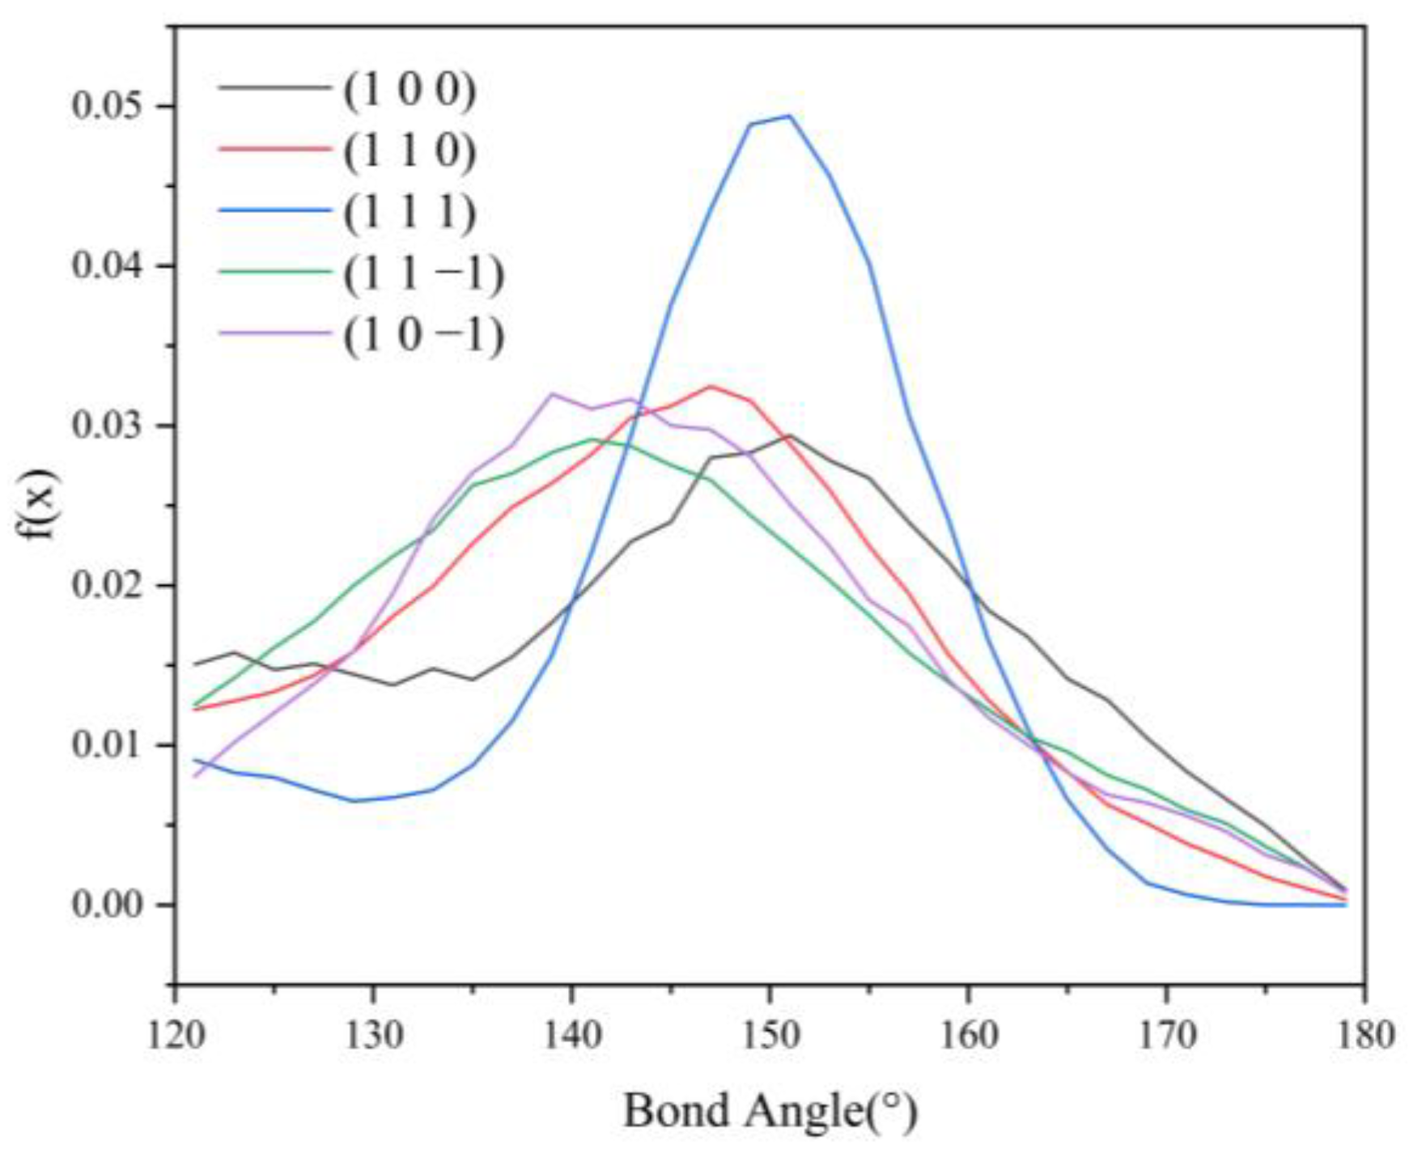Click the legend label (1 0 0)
coord(410,90)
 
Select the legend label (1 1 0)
coord(410,151)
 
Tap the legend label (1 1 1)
coord(410,213)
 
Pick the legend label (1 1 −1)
coord(423,274)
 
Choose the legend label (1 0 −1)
coord(423,335)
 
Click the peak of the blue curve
coord(789,116)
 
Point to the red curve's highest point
coord(711,386)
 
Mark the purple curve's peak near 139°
coord(553,394)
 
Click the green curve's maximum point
coord(592,439)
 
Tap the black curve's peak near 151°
coord(790,435)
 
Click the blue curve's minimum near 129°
coord(354,801)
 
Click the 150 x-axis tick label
coord(770,1035)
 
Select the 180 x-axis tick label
coord(1365,1035)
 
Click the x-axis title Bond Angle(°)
coord(770,1111)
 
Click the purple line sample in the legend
coord(275,333)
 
